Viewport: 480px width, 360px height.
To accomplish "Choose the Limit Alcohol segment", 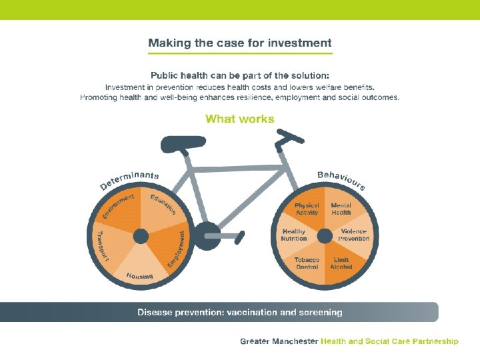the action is point(341,263).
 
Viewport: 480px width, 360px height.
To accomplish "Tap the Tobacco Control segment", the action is point(307,263).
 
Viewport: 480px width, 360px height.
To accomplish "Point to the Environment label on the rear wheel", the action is point(118,205).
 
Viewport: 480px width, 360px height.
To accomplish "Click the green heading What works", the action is point(239,119).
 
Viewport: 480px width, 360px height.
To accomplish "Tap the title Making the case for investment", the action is point(239,43).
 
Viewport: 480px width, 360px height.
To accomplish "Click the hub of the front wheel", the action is point(324,236).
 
